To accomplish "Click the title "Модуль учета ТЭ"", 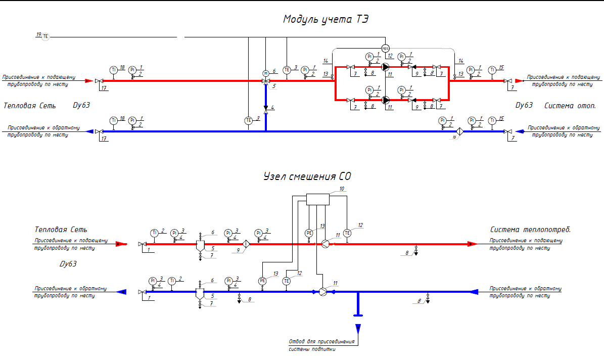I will (x=326, y=20).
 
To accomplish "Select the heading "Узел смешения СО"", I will (x=307, y=177).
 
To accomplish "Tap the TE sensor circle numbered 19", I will (x=45, y=36).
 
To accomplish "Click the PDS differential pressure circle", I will (x=386, y=49).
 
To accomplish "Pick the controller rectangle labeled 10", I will (x=318, y=199).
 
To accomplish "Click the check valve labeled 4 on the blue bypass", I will (x=266, y=107).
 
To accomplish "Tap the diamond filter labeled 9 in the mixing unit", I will (x=246, y=244).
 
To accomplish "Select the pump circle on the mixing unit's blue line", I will (x=323, y=292).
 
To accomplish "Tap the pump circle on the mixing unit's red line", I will (x=325, y=244).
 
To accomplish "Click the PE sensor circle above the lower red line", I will (x=309, y=233).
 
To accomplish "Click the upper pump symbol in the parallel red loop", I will (x=386, y=67).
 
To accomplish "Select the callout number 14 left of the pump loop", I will (x=326, y=61).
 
